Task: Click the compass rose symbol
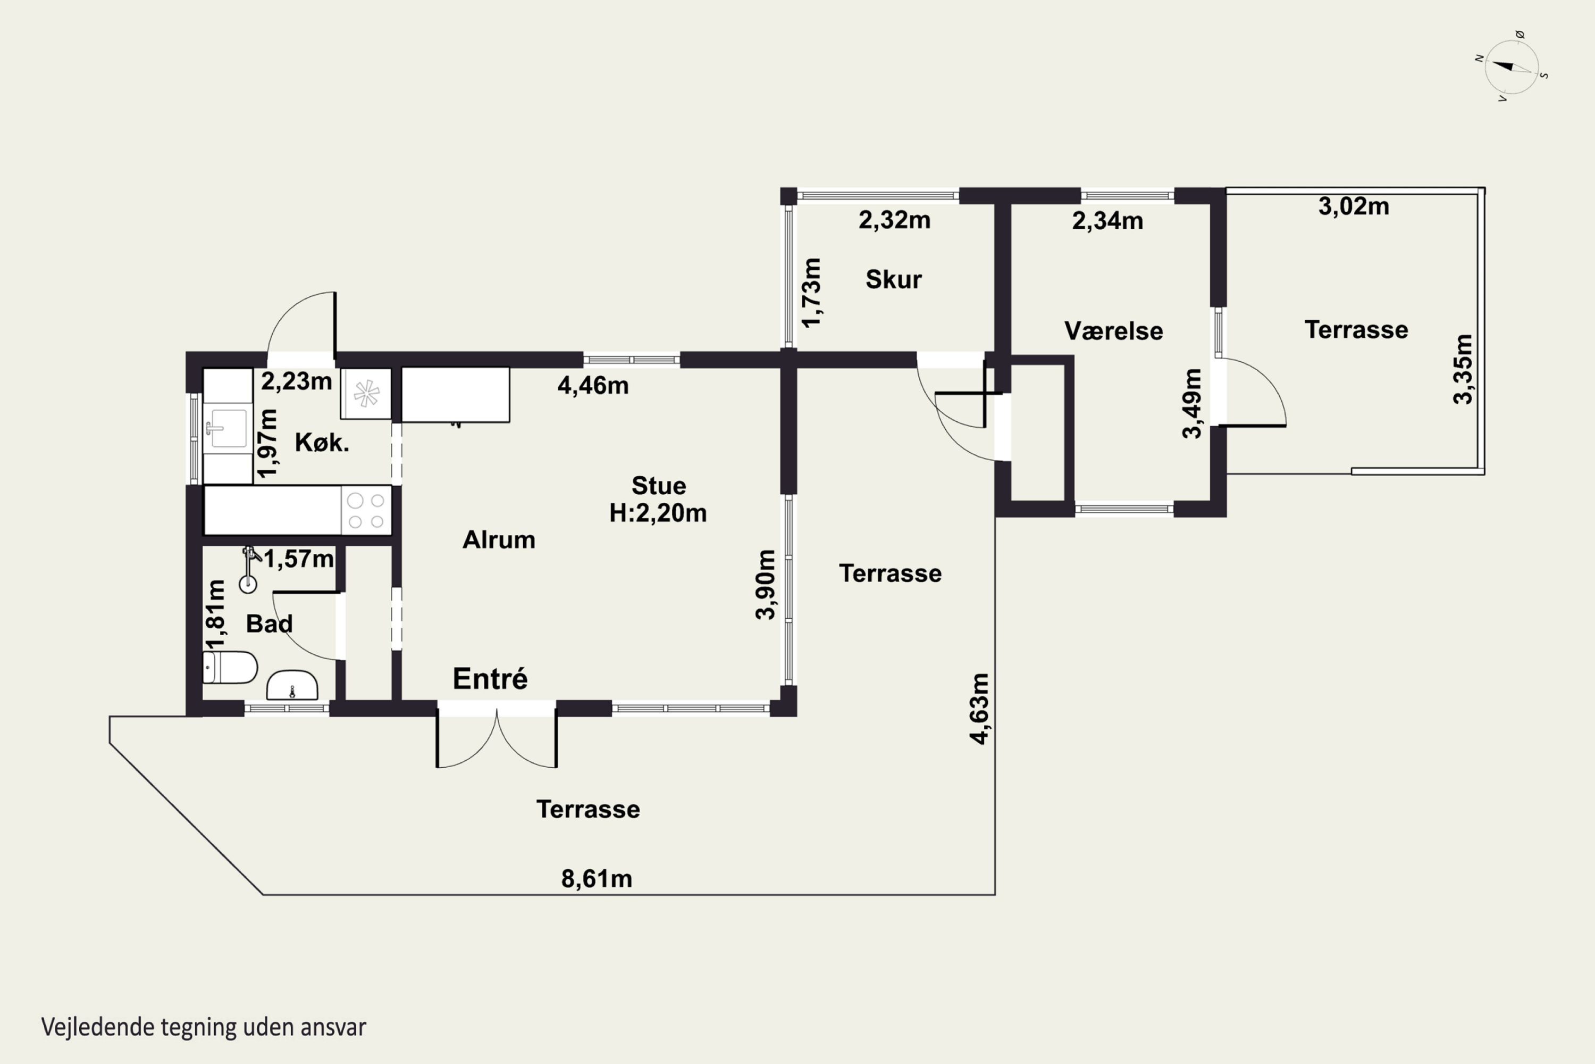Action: (x=1511, y=66)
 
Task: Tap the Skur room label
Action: (x=893, y=280)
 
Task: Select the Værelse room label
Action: (x=1113, y=331)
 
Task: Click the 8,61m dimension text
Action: (x=597, y=879)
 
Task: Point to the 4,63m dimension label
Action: (x=979, y=709)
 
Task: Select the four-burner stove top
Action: (x=366, y=510)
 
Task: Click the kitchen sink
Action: (x=227, y=428)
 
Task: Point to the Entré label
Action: (x=490, y=679)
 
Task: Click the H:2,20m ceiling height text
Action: (x=658, y=513)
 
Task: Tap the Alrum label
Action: (x=499, y=540)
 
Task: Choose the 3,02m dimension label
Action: (x=1354, y=206)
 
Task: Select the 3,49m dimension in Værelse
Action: (x=1191, y=403)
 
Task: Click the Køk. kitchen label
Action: (x=322, y=443)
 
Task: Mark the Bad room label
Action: (x=269, y=624)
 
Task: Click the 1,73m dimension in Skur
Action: (x=811, y=293)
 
